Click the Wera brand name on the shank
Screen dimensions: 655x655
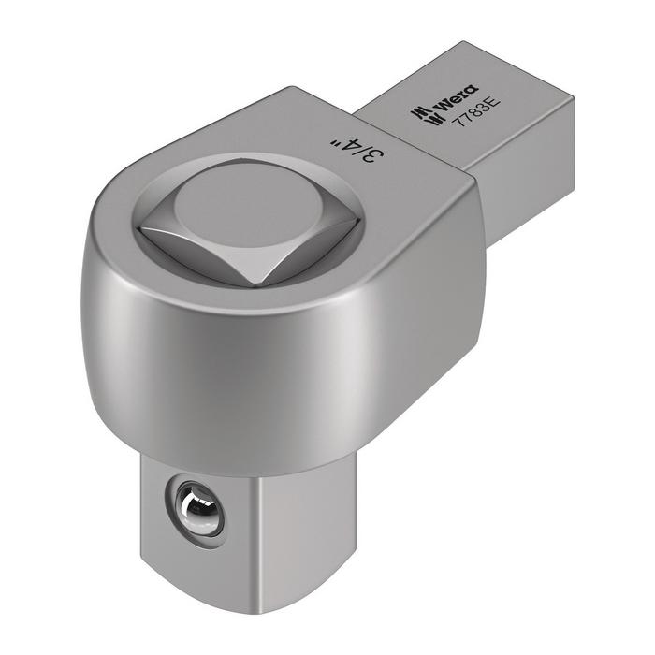point(457,100)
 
